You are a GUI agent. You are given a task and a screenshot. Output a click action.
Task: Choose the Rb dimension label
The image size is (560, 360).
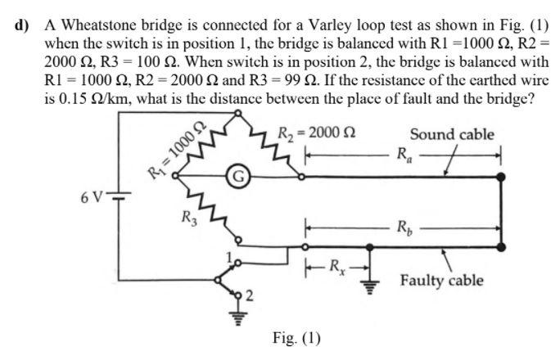404,227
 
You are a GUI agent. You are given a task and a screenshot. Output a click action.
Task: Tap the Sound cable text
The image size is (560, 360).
452,134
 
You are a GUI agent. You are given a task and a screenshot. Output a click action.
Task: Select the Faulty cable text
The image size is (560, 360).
441,281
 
